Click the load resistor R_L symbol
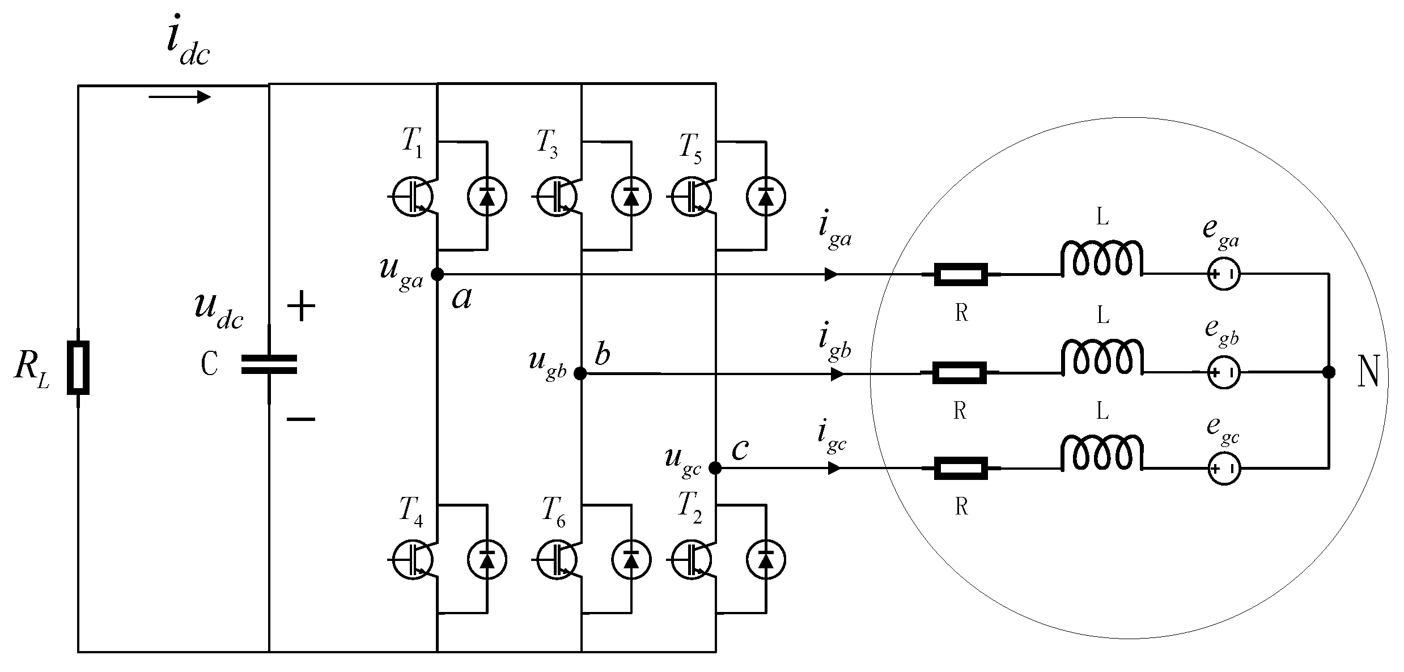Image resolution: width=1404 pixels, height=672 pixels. coord(78,367)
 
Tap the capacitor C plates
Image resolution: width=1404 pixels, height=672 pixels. coord(269,364)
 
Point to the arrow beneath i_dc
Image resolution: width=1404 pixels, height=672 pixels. coord(180,97)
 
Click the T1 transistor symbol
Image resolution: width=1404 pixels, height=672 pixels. coord(413,196)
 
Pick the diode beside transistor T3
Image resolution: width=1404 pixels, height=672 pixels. coord(631,196)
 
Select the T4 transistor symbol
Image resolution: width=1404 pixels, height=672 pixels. coord(413,559)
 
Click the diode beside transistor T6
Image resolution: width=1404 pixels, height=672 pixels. coord(631,559)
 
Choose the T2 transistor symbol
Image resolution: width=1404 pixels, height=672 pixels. coord(691,559)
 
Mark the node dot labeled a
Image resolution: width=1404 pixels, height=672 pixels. coord(437,275)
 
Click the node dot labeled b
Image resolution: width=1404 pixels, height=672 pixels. coord(580,373)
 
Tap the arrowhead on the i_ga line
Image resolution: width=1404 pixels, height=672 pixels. coord(831,275)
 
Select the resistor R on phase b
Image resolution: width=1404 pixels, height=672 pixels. coord(960,373)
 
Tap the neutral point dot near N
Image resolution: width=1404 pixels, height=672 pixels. coord(1328,372)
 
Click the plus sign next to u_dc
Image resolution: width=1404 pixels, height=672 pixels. coord(301,308)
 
